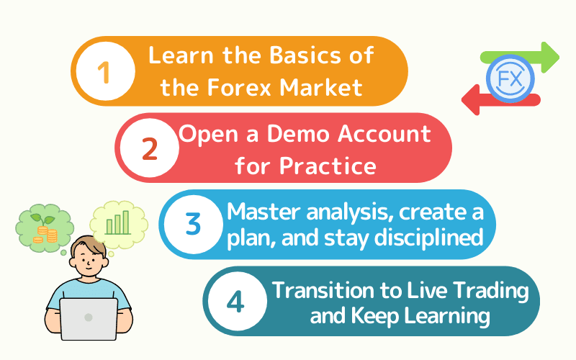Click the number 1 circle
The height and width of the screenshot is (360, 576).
[105, 71]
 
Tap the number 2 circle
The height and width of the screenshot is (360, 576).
[150, 148]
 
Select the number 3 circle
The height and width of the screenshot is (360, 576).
[193, 224]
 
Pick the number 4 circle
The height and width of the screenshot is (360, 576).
[237, 301]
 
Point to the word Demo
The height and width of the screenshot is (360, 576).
[298, 133]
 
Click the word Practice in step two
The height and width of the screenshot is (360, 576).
[328, 166]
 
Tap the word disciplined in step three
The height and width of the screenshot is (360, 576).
[428, 238]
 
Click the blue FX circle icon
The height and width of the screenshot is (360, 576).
[510, 78]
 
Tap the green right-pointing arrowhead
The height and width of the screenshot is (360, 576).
[550, 58]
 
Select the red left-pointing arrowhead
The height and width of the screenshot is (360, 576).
[471, 99]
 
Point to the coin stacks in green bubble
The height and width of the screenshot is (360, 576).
[45, 235]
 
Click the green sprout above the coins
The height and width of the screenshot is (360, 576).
[42, 219]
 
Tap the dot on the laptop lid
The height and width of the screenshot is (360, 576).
[88, 318]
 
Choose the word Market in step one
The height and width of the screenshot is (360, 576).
[321, 87]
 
